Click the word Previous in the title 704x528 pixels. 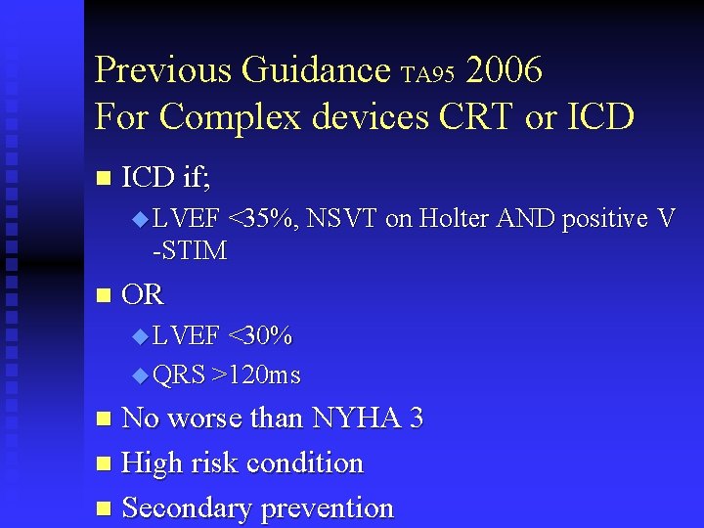162,70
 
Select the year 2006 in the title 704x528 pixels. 505,70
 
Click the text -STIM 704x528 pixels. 190,251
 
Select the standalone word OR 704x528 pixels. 143,294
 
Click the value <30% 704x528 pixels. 259,336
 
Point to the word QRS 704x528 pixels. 179,375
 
